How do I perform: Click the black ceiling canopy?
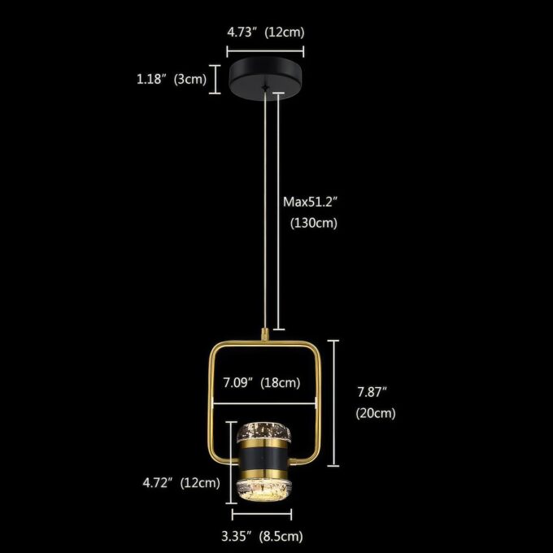coord(265,79)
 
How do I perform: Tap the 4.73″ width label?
coord(241,33)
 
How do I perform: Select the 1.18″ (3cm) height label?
coord(172,79)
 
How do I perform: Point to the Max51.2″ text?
coord(311,202)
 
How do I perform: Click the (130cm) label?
coord(314,223)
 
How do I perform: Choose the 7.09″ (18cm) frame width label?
coord(262,383)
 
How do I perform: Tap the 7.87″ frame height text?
coord(372,392)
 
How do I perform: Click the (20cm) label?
coord(376,413)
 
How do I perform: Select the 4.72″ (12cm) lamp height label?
coord(181,482)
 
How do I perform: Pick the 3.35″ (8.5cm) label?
coord(262,537)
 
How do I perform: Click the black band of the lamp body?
coord(263,459)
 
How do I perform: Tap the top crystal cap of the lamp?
coord(263,432)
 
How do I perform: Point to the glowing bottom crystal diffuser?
coord(263,490)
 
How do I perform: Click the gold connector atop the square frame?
coord(264,334)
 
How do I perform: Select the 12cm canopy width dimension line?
coord(265,51)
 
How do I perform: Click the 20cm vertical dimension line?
coord(333,403)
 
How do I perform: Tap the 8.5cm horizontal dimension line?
coord(262,515)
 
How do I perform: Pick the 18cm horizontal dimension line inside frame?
coord(264,403)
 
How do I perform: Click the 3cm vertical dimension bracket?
coord(215,80)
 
